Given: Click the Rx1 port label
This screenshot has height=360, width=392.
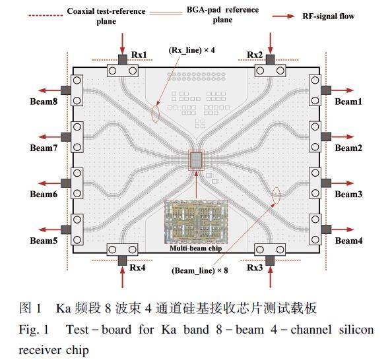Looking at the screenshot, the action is (x=139, y=55).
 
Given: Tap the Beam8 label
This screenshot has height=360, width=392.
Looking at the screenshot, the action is (x=44, y=102).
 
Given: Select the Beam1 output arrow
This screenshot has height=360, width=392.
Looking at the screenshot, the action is (x=342, y=90).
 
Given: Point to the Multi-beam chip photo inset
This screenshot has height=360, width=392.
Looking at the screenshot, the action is (x=196, y=222).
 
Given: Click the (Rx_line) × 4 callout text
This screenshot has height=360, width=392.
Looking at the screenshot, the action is (x=192, y=50).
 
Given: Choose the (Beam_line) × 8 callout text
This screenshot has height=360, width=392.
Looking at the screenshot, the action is (x=199, y=270).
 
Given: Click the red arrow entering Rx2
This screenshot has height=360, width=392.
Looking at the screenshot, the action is (x=271, y=43).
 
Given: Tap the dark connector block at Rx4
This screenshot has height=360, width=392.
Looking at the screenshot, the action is (x=122, y=260).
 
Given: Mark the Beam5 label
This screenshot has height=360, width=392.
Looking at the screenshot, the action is (x=44, y=241).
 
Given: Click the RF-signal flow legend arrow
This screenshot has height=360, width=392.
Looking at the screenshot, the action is (x=284, y=16).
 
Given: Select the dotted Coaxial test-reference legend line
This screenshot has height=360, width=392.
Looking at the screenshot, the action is (x=46, y=15).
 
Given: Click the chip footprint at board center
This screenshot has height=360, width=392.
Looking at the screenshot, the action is (x=196, y=160).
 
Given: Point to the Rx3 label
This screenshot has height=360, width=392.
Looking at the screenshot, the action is (x=255, y=268).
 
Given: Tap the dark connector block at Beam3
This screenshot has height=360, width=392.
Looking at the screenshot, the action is (x=326, y=183).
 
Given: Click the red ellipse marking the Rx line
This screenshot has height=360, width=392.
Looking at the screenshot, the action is (x=156, y=114).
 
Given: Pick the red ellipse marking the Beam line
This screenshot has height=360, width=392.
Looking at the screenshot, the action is (x=277, y=195).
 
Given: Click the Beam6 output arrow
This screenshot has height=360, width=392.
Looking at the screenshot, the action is (x=49, y=183).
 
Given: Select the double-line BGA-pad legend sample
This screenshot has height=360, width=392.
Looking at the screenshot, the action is (x=166, y=13).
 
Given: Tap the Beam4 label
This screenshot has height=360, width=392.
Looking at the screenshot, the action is (x=348, y=241).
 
